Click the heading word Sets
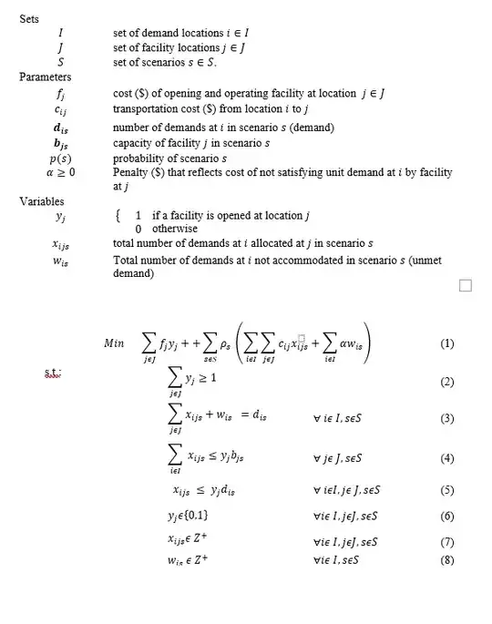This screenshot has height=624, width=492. tap(28, 19)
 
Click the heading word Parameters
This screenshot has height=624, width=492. tap(45, 77)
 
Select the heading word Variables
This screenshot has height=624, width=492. tap(41, 200)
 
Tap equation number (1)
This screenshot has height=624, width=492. tap(446, 344)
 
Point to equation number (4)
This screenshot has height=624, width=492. tap(446, 457)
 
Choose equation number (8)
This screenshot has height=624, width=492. tap(446, 559)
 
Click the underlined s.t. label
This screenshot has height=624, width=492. tap(52, 373)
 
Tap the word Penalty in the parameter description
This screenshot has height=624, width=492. tap(130, 171)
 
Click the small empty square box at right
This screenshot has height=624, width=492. tap(466, 286)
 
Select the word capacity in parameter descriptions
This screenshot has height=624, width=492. tap(134, 143)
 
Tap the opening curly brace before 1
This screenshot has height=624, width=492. tap(117, 216)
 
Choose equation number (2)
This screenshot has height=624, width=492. tap(446, 383)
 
